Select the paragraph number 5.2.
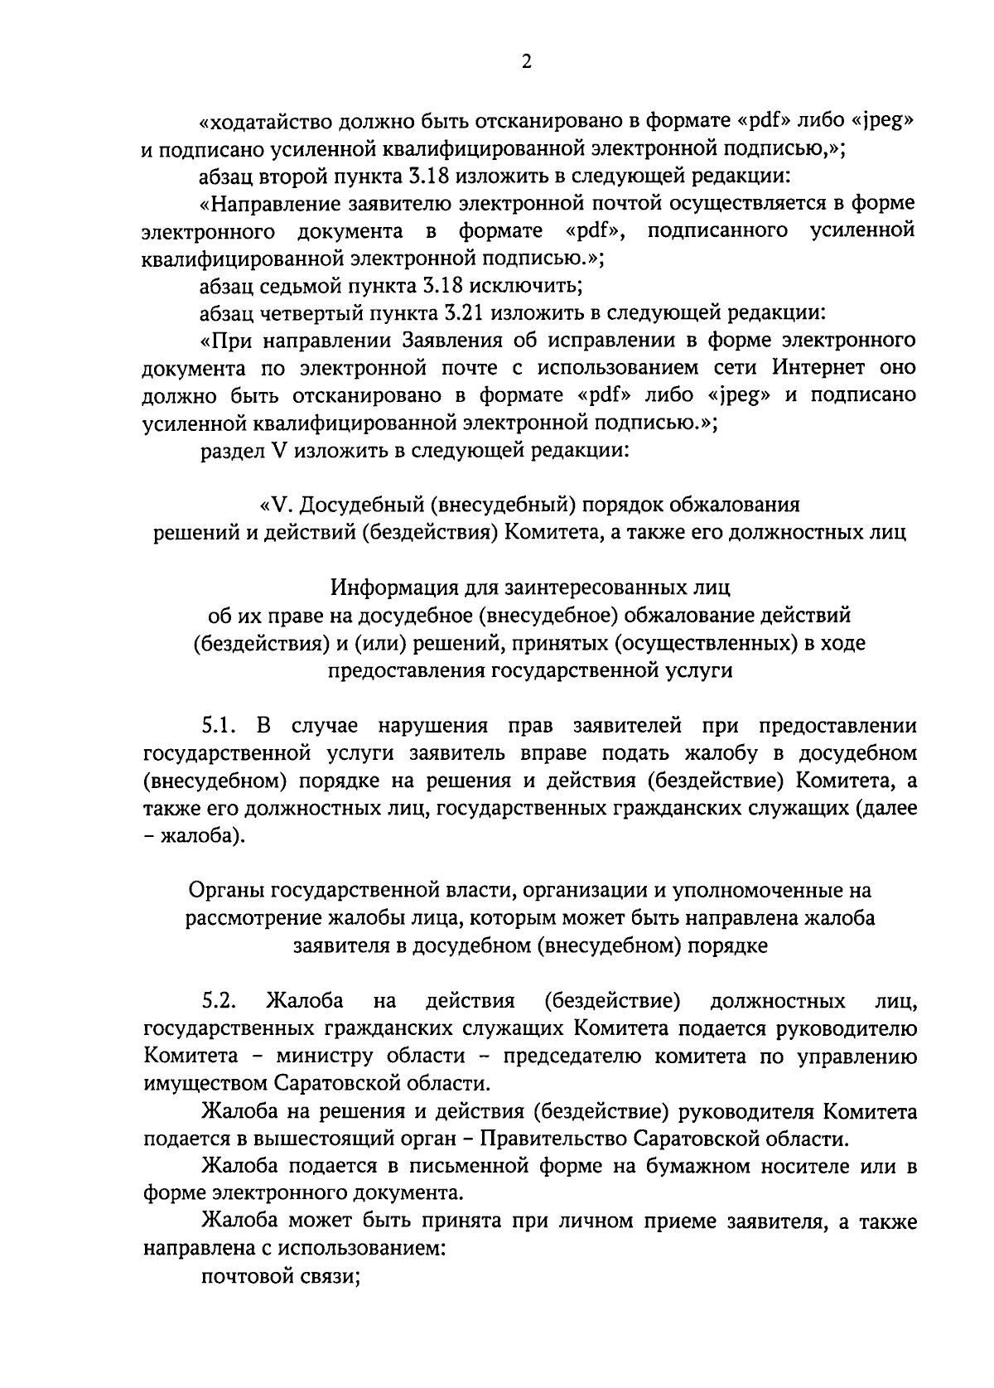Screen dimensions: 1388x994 pos(219,1001)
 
